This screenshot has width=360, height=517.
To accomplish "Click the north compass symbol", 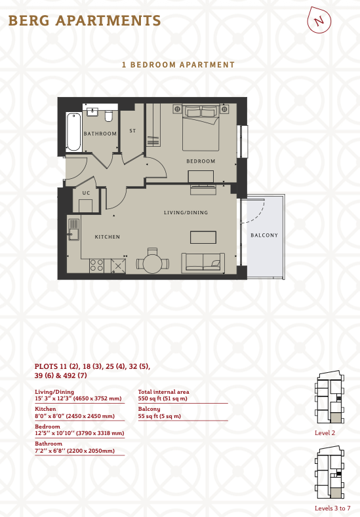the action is click(319, 20).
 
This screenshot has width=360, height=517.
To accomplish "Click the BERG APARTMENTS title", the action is click(85, 20).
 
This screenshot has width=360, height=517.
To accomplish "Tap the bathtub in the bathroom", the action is click(73, 132).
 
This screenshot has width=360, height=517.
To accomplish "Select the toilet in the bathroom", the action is click(109, 116).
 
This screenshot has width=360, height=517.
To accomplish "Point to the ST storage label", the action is click(132, 131).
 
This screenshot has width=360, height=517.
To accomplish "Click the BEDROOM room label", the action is click(201, 161).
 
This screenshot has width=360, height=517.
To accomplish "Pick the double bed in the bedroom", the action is click(201, 127).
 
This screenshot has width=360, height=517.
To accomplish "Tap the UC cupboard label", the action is click(86, 193).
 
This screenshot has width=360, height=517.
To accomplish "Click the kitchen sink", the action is click(73, 229).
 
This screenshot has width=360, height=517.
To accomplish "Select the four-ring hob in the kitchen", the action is click(96, 266).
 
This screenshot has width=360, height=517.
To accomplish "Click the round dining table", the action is click(152, 263).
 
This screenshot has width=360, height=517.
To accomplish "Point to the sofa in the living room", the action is click(203, 263).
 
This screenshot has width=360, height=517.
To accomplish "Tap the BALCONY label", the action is click(264, 235).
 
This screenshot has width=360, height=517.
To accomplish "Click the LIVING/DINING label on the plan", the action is click(186, 213).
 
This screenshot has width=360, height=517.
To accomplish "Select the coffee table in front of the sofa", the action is click(203, 237).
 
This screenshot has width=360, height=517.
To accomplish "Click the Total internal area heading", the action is click(164, 392).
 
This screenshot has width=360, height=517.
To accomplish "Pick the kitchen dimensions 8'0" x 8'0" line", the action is click(75, 416).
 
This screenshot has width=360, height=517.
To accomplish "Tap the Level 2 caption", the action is click(325, 433).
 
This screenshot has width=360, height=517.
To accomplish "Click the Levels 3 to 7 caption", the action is click(332, 508).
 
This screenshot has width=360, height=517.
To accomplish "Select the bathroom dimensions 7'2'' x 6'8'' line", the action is click(75, 451).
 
